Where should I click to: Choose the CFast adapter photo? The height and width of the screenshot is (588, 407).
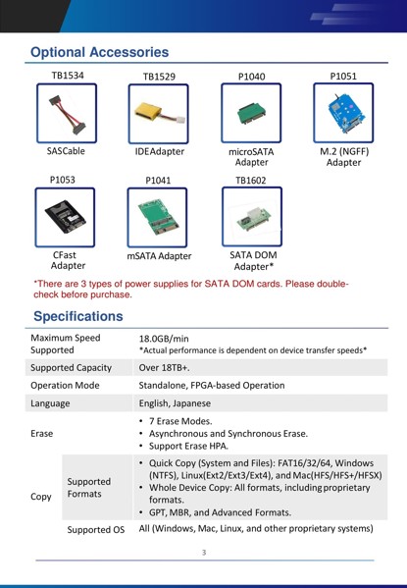tap(68, 217)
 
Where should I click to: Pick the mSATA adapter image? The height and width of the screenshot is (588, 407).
tap(159, 218)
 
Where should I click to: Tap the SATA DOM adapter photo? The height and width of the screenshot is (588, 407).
tap(252, 217)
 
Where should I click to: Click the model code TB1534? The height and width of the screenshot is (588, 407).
tap(68, 75)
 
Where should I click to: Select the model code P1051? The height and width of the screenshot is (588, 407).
tap(343, 75)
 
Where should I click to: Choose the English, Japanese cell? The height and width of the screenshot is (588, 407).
tap(183, 402)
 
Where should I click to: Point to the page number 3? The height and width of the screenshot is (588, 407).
tap(204, 553)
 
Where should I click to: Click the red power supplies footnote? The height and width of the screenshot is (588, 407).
tap(191, 289)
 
